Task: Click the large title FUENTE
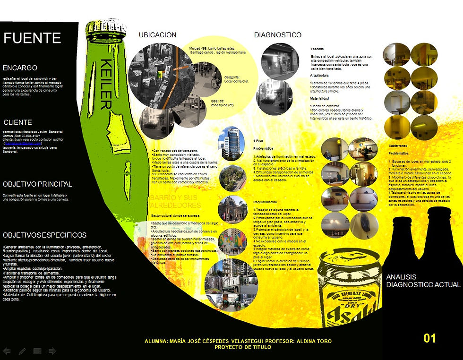[32, 38]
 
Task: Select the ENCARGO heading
[20, 68]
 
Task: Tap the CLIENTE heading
[18, 122]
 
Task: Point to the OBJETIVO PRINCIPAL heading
[37, 184]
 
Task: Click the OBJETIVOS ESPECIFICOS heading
[44, 235]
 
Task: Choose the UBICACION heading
[158, 35]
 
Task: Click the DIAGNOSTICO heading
[278, 35]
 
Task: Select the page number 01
[429, 338]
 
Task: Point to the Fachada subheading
[317, 49]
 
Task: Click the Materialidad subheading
[319, 98]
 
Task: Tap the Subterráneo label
[399, 146]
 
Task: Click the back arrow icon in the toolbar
[7, 351]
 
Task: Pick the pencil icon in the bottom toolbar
[22, 351]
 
